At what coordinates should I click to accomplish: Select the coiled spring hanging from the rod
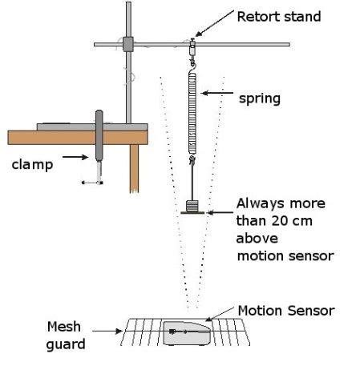point(192,112)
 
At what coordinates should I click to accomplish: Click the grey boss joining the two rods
point(127,44)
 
